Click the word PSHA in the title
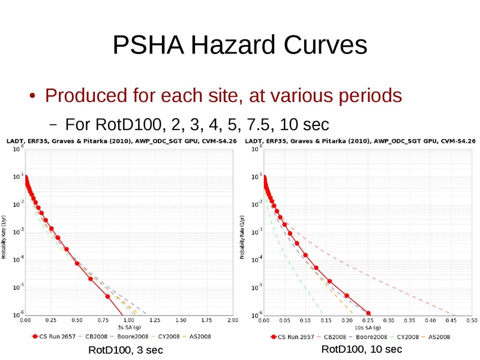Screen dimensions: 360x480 [x=148, y=45]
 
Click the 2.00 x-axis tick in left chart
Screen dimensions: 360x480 [x=232, y=320]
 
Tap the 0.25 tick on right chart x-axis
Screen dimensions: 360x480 [x=367, y=320]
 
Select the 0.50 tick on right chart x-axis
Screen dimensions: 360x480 [x=471, y=320]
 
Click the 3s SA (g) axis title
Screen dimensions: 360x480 [x=129, y=328]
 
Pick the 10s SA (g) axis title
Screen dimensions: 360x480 [x=367, y=328]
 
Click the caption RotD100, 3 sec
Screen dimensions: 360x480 [x=125, y=350]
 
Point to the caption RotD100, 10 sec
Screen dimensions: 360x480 [x=362, y=349]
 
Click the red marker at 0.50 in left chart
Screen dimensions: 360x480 [x=77, y=263]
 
